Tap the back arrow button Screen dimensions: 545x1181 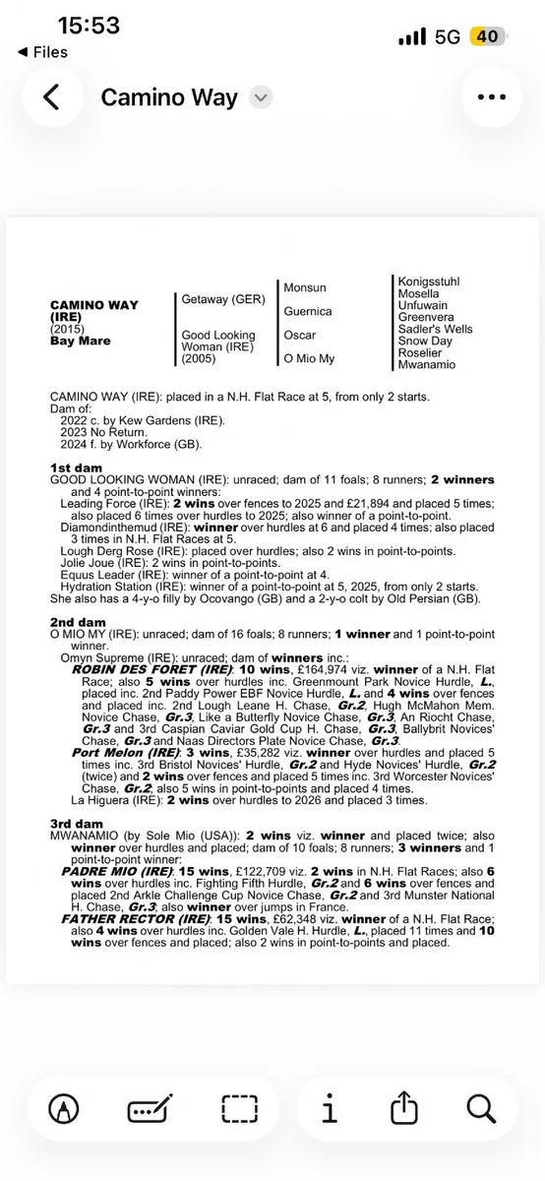[51, 96]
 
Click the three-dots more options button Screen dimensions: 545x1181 [492, 96]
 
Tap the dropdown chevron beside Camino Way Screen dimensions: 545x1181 [261, 97]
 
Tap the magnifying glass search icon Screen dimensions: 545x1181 [480, 1110]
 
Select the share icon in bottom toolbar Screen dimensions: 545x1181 [404, 1110]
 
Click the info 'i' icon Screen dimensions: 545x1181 [330, 1110]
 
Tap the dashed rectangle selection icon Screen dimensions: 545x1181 [239, 1110]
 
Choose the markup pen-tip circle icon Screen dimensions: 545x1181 [65, 1110]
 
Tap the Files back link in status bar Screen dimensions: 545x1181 [44, 51]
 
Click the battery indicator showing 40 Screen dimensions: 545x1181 [486, 36]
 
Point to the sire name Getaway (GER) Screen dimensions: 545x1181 [217, 299]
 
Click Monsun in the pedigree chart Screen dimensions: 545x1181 [305, 287]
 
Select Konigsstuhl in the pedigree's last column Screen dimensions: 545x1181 [428, 281]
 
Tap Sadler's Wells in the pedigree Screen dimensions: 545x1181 [435, 329]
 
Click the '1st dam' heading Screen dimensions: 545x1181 [77, 466]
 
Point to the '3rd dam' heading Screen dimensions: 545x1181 [77, 823]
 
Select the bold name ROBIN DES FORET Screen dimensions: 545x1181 [134, 668]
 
